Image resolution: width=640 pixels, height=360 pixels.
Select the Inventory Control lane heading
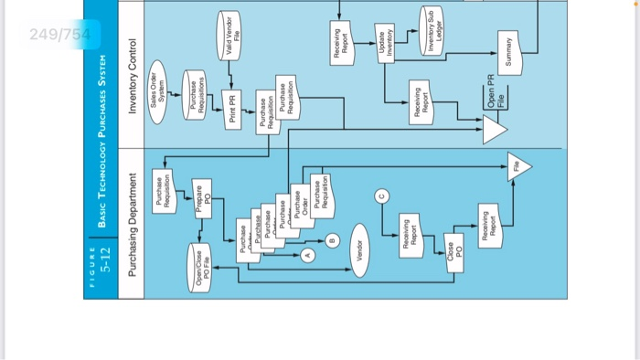(133, 77)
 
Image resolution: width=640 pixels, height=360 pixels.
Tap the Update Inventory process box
(384, 44)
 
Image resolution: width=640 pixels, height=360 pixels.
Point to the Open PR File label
(495, 94)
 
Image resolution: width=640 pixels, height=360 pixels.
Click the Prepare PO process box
(202, 199)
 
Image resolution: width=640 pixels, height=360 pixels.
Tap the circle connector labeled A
(308, 257)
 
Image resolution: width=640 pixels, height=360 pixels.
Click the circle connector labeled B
(334, 240)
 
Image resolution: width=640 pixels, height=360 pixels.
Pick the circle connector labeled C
(382, 193)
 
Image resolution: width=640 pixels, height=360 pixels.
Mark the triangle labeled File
(517, 166)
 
